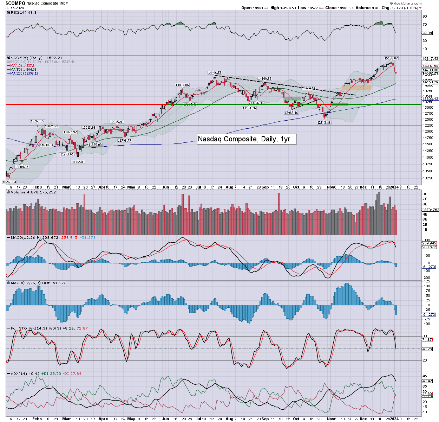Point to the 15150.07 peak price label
pyautogui.click(x=391, y=58)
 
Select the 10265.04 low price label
pyautogui.click(x=9, y=182)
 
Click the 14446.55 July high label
pyautogui.click(x=215, y=73)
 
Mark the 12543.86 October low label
pyautogui.click(x=324, y=123)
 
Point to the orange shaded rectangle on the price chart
pyautogui.click(x=356, y=87)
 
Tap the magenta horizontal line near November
pyautogui.click(x=339, y=104)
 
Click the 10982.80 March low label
pyautogui.click(x=78, y=162)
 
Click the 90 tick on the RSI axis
pyautogui.click(x=424, y=16)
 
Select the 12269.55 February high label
pyautogui.click(x=37, y=121)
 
